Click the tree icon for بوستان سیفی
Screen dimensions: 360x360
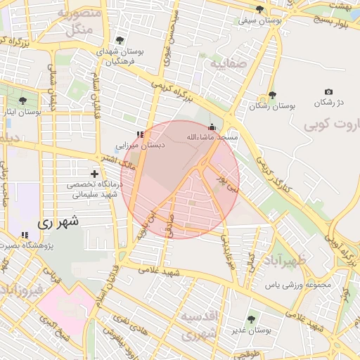pyautogui.click(x=260, y=9)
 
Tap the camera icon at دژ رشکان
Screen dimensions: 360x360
pyautogui.click(x=328, y=92)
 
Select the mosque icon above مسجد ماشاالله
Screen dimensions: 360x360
pyautogui.click(x=212, y=127)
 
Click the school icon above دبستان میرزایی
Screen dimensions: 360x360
pyautogui.click(x=141, y=134)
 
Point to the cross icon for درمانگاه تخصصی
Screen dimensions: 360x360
pyautogui.click(x=95, y=173)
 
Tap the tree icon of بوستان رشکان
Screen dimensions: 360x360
pyautogui.click(x=272, y=95)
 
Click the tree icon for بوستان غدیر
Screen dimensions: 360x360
pyautogui.click(x=252, y=319)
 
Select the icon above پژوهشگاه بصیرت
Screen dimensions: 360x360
pyautogui.click(x=25, y=235)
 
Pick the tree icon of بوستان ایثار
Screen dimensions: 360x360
pyautogui.click(x=23, y=101)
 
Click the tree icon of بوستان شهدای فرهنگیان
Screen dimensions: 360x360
pyautogui.click(x=120, y=41)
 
